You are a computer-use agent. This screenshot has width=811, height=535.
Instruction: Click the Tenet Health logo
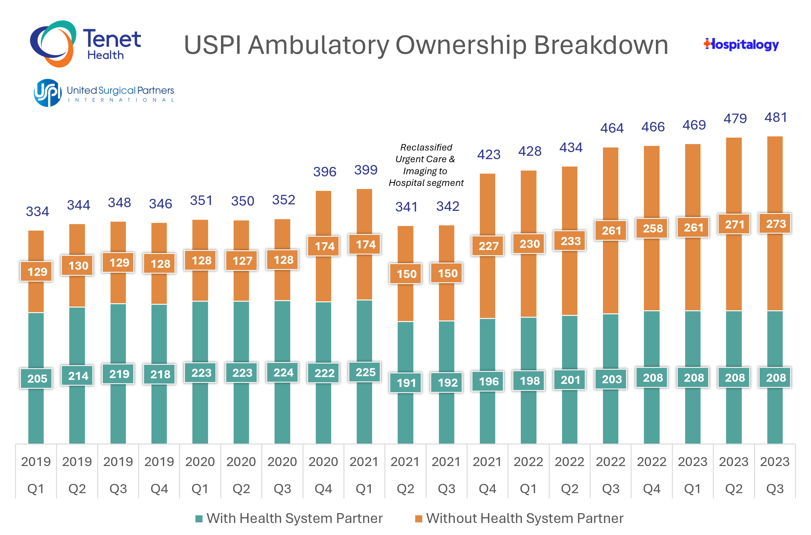point(85,44)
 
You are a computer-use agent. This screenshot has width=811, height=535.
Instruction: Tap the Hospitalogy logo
point(741,44)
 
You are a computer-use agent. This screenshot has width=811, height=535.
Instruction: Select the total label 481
point(775,117)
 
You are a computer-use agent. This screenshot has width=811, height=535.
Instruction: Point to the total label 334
point(37,211)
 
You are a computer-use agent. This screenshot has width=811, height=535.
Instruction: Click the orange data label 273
point(775,224)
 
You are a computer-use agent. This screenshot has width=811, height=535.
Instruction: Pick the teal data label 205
point(37,378)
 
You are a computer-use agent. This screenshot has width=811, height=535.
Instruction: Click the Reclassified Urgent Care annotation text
point(426,165)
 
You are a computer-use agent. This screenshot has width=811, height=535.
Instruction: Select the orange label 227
point(488,246)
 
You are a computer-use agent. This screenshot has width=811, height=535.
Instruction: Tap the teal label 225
point(365,372)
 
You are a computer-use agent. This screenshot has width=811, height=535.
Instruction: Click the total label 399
point(365,170)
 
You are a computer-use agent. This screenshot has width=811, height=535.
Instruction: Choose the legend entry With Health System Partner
point(289,518)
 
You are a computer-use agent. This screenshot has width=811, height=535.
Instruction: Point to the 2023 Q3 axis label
point(774,475)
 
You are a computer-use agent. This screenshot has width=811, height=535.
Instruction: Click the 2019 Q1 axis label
point(36,475)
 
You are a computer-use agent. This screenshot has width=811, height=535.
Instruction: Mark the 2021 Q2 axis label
point(405,475)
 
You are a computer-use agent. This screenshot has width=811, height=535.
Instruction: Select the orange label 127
point(242,261)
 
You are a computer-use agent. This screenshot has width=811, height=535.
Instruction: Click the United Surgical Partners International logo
point(104,93)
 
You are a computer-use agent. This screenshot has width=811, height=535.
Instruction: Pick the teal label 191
point(406,383)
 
